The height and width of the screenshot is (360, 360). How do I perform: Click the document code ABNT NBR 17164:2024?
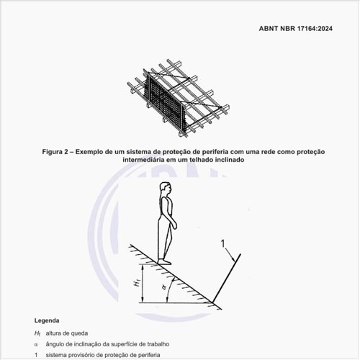click(296, 29)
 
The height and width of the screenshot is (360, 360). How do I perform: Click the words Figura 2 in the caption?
click(55, 152)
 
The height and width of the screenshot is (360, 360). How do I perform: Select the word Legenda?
click(47, 320)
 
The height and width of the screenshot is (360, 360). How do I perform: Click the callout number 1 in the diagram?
click(223, 244)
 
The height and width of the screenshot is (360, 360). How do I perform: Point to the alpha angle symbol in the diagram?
click(164, 287)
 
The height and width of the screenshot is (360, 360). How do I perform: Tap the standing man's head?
click(166, 189)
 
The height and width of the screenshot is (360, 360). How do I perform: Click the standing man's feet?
click(164, 261)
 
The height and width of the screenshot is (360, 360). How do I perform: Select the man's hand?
click(174, 225)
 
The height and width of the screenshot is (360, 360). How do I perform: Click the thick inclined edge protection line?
click(226, 278)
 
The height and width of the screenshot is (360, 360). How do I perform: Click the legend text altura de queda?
click(67, 333)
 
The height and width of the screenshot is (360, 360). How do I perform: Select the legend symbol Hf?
click(37, 333)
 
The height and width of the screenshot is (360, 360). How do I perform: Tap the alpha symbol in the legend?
click(36, 345)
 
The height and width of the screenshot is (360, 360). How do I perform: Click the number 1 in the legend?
click(36, 355)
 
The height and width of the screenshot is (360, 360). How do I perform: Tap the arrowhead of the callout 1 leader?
click(233, 259)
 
